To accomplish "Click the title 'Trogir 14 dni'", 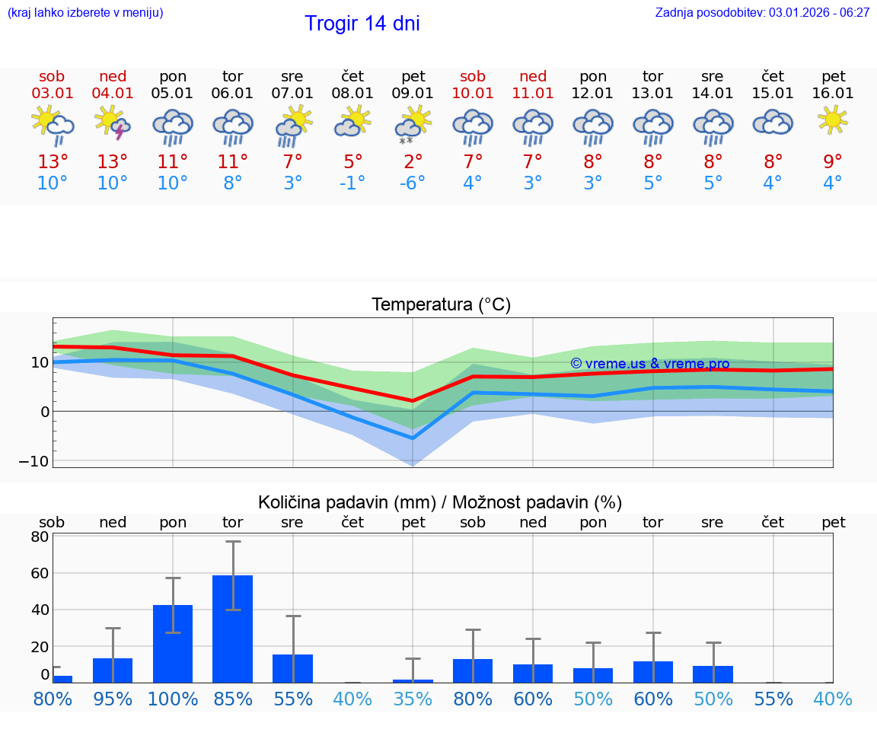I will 362,24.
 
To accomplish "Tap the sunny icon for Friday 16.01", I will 833,119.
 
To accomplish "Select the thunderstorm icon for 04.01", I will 113,123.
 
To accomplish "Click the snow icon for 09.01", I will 413,124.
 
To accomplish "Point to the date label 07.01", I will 292,94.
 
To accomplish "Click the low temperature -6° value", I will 413,183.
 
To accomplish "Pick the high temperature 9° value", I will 833,161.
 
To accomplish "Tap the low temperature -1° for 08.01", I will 352,183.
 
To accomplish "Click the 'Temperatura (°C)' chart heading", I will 441,305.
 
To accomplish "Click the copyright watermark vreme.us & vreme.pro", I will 649,364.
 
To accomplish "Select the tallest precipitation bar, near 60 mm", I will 232,628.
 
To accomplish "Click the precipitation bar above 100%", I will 173,643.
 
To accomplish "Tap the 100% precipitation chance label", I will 173,699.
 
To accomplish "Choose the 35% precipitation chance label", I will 413,699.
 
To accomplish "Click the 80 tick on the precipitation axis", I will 40,536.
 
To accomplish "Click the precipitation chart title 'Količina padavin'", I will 439,502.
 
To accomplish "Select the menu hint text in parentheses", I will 85,12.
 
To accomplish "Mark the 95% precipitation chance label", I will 113,699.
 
